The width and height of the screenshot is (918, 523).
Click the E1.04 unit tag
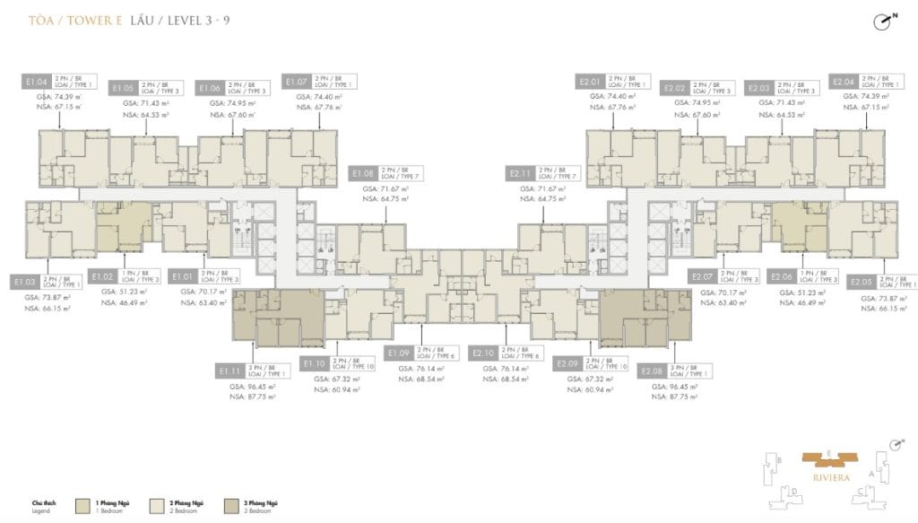(34, 83)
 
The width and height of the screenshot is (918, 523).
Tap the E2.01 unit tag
(590, 83)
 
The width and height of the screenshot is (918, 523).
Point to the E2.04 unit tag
(844, 83)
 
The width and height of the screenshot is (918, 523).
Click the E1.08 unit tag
(363, 173)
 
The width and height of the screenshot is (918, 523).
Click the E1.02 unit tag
(102, 277)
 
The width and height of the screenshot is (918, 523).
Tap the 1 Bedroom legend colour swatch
(83, 506)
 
